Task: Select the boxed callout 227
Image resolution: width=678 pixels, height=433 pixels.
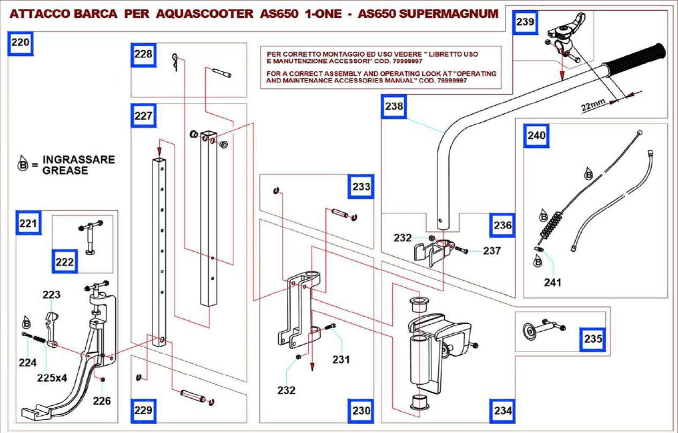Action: (x=144, y=116)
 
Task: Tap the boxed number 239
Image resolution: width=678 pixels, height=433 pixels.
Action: (x=525, y=22)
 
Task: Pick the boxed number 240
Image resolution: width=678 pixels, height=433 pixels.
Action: (x=536, y=136)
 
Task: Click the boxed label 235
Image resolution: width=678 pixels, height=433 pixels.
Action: (x=592, y=339)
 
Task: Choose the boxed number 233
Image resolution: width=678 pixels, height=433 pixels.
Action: (x=361, y=187)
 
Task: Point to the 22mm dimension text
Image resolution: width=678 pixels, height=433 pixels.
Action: (x=592, y=104)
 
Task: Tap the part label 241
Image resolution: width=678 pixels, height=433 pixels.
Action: (x=552, y=282)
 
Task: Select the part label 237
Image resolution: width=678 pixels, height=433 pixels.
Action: (x=491, y=250)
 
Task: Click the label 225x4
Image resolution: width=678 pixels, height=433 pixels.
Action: (x=52, y=377)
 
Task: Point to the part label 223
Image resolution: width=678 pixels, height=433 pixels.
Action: (x=52, y=295)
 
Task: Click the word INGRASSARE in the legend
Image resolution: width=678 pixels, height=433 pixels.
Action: (x=79, y=160)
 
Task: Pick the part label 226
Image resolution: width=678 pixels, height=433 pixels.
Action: (x=101, y=400)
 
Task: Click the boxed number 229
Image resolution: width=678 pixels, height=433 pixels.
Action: (x=143, y=411)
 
